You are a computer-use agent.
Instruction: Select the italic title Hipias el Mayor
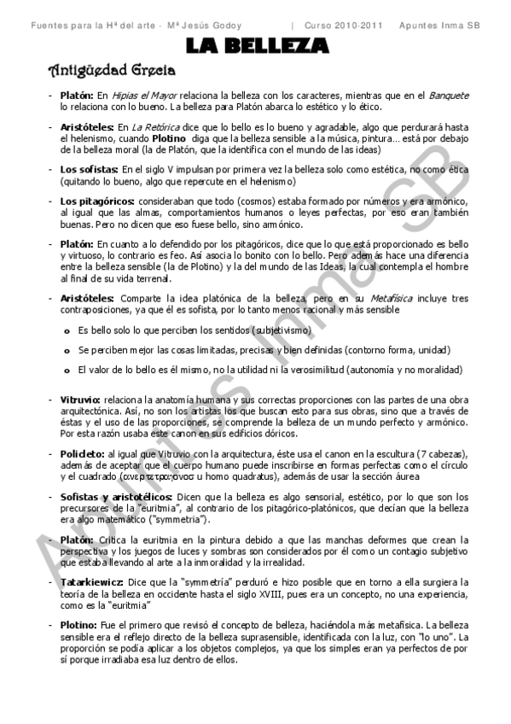coord(137,96)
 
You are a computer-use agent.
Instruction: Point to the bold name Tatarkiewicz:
coord(93,581)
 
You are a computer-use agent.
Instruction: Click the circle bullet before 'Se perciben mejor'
coord(67,350)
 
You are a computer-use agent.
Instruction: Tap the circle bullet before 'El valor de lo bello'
coord(67,371)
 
